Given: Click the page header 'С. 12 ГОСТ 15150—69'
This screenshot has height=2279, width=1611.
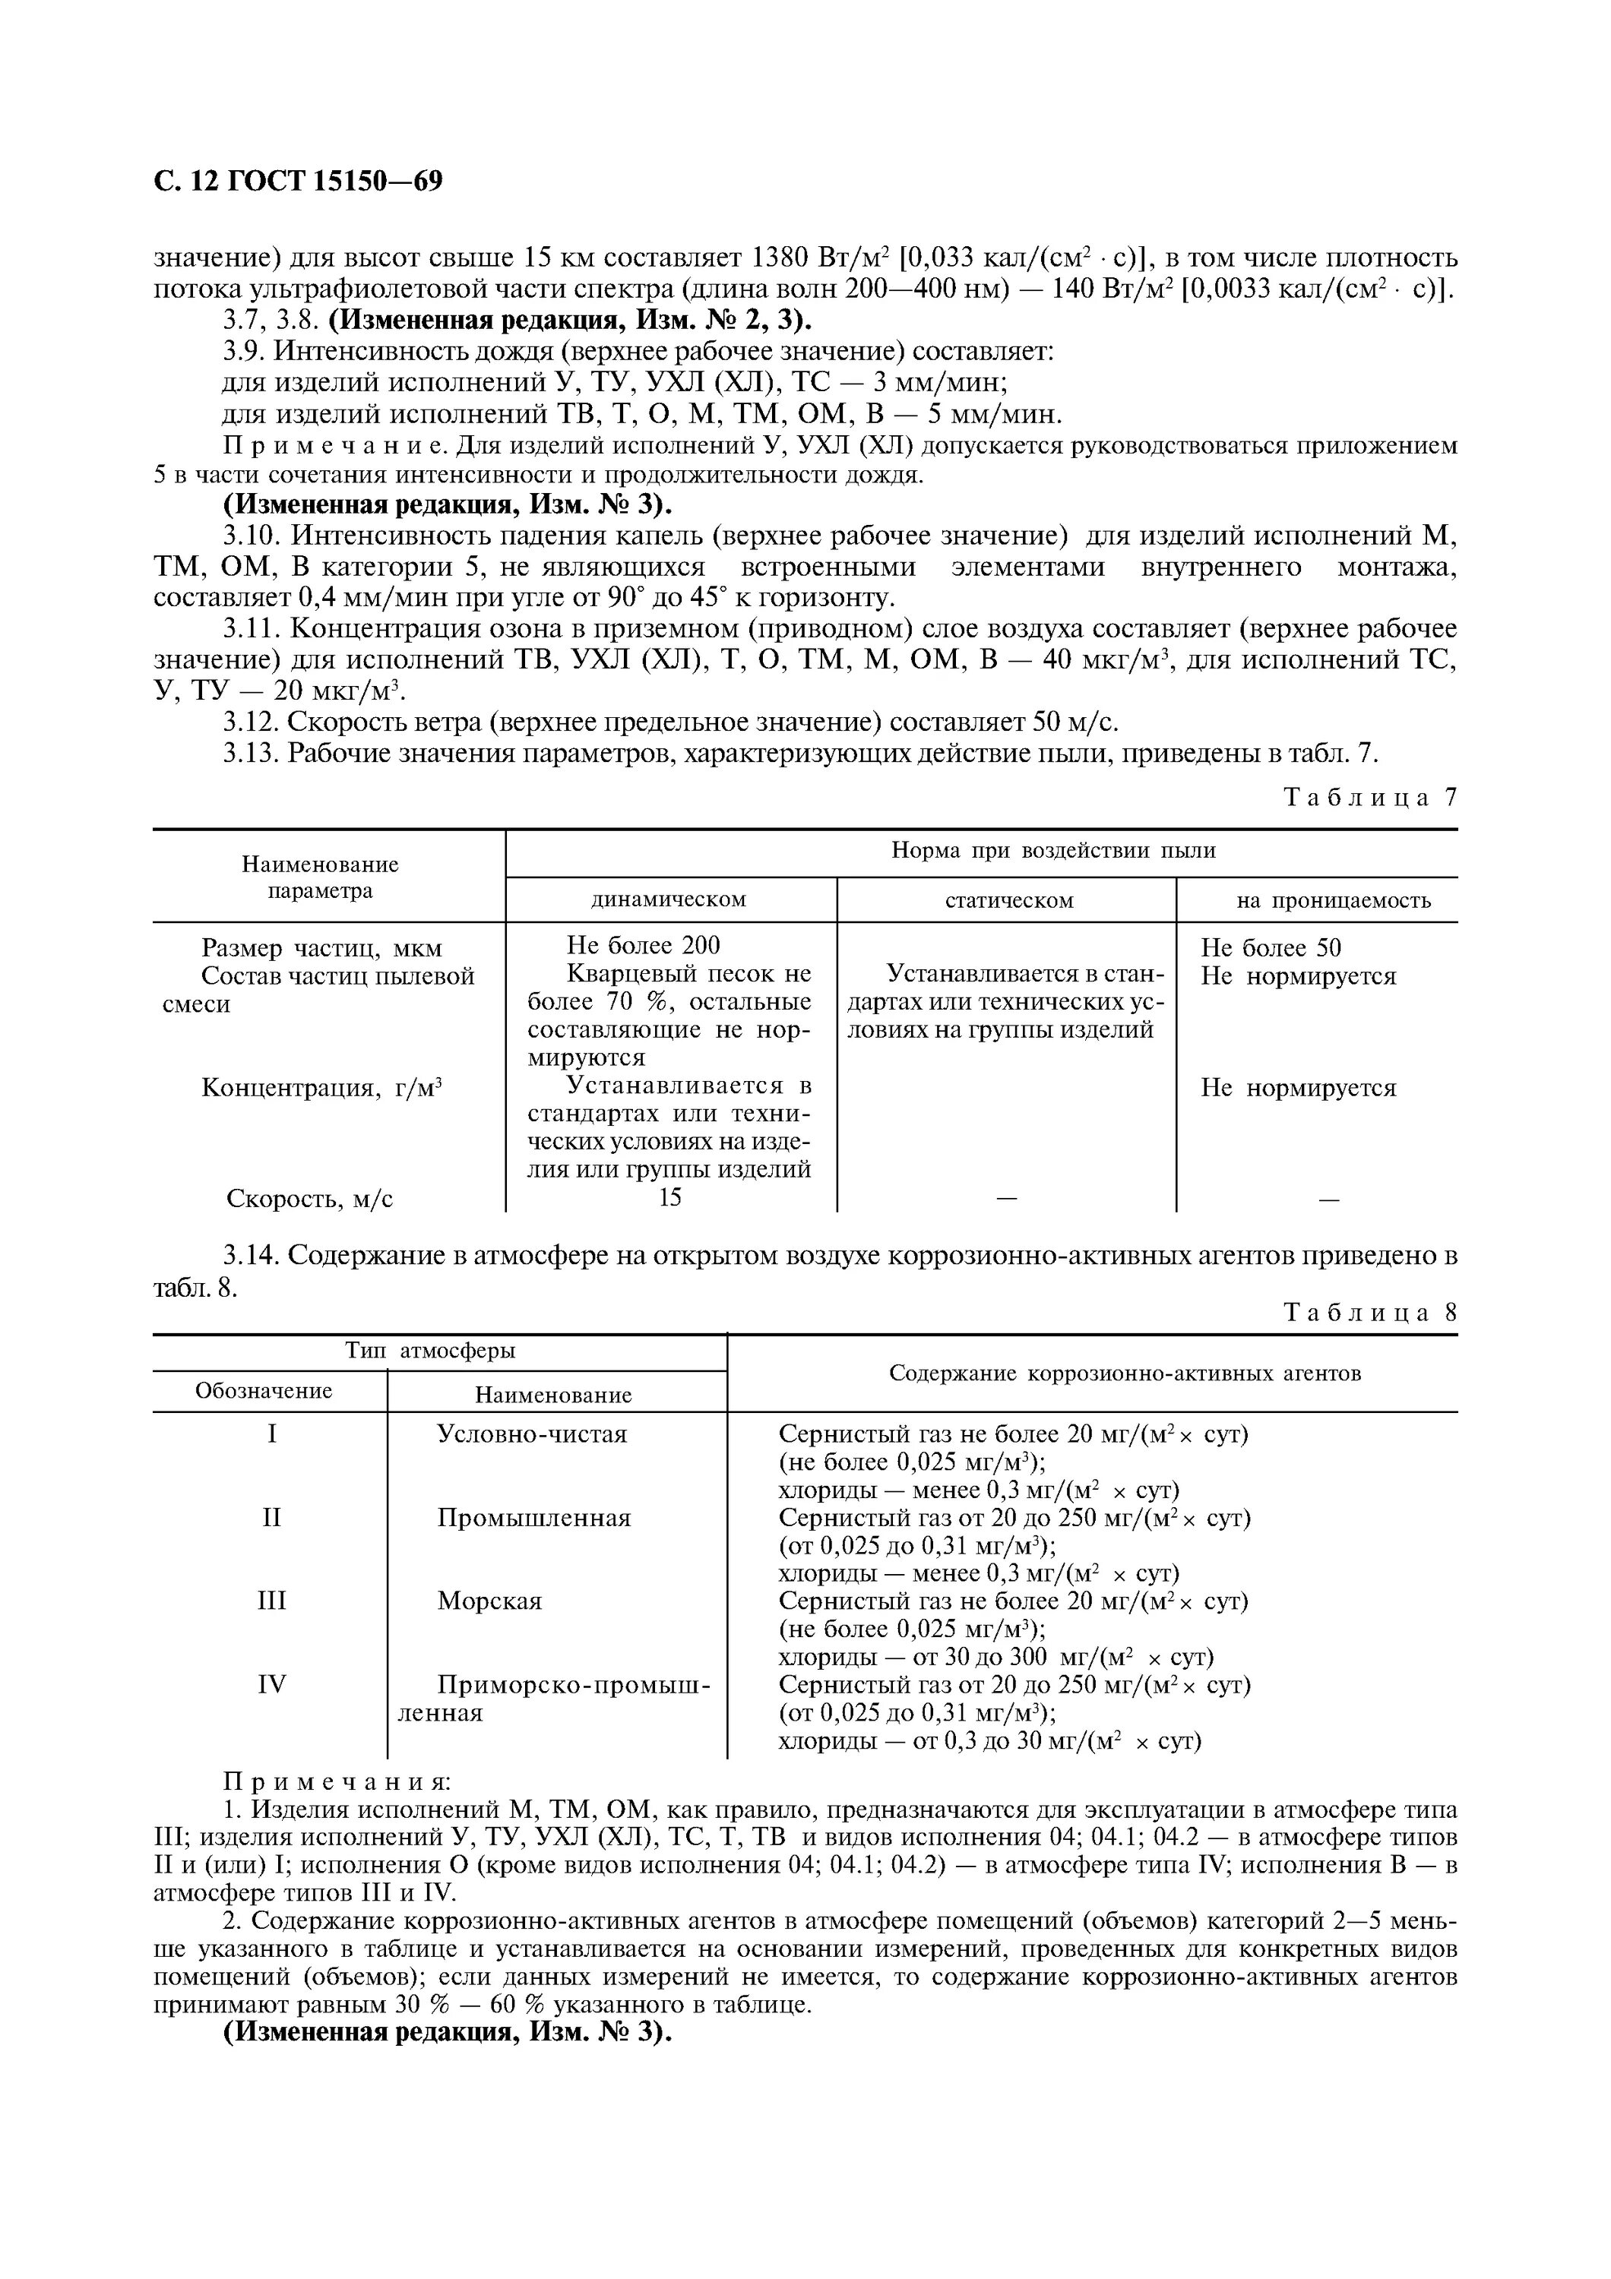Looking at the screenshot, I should click(298, 182).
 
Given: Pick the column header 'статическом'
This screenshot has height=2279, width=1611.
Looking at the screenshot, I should click(1008, 900).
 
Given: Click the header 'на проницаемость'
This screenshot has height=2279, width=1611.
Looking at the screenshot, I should click(1333, 900).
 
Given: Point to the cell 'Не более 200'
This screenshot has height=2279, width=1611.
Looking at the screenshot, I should click(643, 946).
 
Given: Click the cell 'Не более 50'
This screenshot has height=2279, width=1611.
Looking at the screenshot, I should click(1271, 947).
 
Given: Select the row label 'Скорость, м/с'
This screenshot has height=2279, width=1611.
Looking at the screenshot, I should click(310, 1198).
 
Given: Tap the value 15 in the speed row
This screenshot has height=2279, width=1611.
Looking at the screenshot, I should click(670, 1197).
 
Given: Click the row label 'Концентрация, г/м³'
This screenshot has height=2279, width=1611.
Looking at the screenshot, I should click(321, 1088).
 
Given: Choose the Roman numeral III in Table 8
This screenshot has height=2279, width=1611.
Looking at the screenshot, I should click(271, 1601).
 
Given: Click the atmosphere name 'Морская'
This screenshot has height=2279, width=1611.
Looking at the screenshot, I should click(489, 1601).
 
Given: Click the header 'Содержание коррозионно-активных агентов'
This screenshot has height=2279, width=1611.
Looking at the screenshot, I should click(1125, 1373).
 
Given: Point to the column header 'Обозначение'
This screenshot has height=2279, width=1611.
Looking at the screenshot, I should click(263, 1391).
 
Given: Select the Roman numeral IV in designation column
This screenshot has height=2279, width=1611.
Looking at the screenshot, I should click(271, 1684).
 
